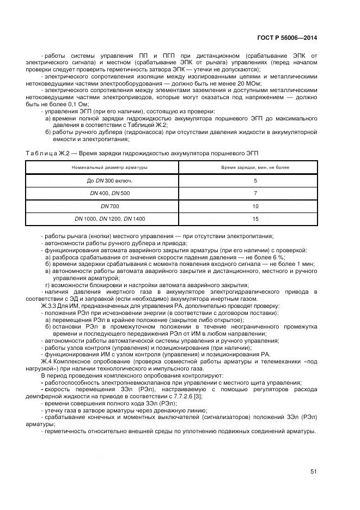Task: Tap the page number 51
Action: pyautogui.click(x=314, y=472)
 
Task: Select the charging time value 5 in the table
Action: pyautogui.click(x=255, y=180)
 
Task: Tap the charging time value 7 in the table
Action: pyautogui.click(x=255, y=193)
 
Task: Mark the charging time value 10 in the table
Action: pyautogui.click(x=255, y=206)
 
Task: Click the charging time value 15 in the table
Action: pyautogui.click(x=255, y=218)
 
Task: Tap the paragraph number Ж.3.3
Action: pyautogui.click(x=50, y=306)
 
